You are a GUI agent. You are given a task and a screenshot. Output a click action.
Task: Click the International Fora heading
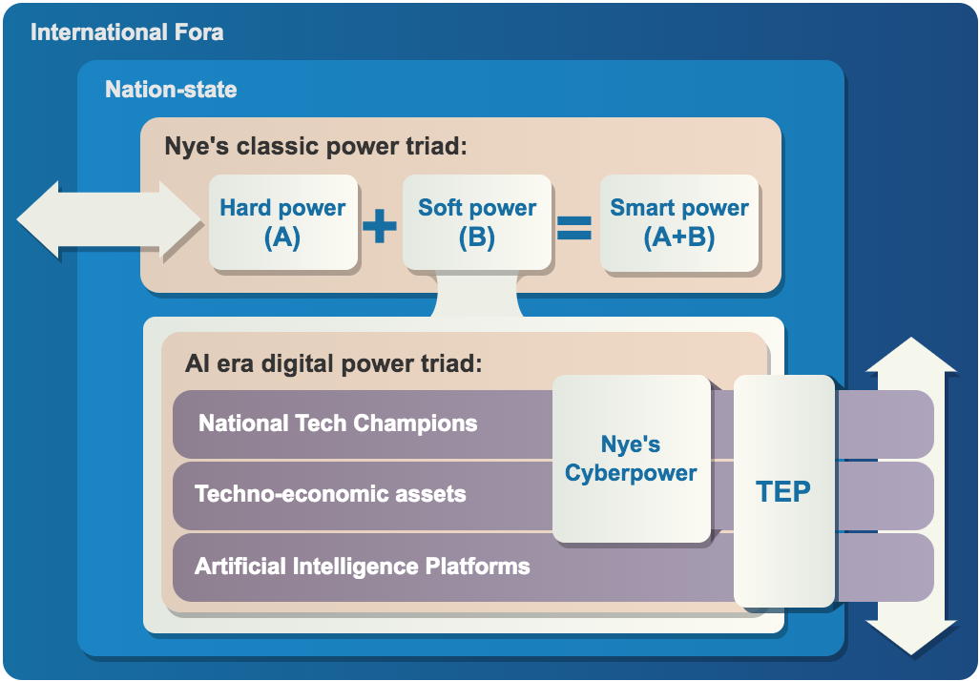click(127, 32)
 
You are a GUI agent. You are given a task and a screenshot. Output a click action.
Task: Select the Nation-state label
click(171, 91)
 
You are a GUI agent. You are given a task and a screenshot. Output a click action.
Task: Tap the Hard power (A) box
click(282, 222)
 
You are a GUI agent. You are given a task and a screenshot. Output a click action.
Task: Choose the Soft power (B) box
click(477, 222)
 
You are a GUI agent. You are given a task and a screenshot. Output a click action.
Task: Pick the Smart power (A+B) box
click(679, 222)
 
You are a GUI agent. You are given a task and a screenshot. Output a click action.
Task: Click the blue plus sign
click(380, 227)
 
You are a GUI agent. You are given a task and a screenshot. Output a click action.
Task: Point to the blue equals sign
click(574, 228)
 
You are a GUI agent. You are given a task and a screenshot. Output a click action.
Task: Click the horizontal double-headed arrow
click(110, 220)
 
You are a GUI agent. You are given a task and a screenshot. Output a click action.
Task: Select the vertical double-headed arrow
click(910, 496)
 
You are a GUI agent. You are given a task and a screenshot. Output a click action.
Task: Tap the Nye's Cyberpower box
click(631, 459)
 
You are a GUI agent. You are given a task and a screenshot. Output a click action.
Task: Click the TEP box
click(783, 491)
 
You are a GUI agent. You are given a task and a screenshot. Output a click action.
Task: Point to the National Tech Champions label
click(338, 423)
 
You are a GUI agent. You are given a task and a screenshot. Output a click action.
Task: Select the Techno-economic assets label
click(330, 494)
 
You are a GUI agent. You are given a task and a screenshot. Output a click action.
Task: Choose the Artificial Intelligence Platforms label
click(362, 567)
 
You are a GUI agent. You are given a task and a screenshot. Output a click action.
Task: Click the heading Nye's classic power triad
click(316, 147)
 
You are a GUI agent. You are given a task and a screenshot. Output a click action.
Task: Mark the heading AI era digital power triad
click(334, 363)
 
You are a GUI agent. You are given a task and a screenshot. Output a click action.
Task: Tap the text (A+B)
click(679, 237)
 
